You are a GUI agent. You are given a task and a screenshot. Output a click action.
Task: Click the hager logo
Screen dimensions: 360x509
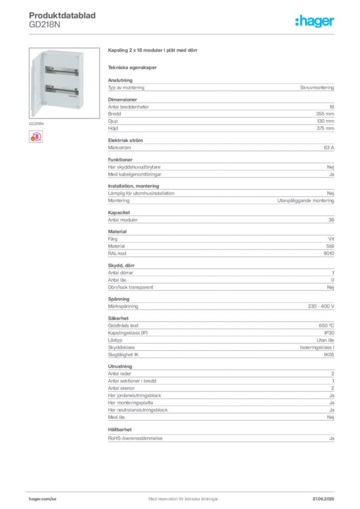pos(315,21)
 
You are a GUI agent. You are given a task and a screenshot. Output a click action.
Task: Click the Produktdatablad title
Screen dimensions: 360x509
pos(62,15)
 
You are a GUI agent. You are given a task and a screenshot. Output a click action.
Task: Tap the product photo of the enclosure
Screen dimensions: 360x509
pos(64,83)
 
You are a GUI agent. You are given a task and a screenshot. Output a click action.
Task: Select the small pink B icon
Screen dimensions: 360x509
pos(36,137)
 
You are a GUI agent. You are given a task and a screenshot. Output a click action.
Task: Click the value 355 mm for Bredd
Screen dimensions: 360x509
pos(325,114)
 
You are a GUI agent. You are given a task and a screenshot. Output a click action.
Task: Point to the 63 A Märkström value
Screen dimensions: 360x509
pos(329,148)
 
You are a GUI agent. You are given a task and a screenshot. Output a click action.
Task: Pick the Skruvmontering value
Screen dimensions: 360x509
pos(317,87)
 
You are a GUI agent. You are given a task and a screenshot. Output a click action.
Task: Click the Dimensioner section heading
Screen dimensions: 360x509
pos(122,99)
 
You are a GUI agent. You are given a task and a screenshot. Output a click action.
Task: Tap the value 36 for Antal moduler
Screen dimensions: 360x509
pos(331,220)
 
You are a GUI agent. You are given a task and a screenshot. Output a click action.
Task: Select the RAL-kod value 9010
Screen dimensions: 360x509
pos(329,254)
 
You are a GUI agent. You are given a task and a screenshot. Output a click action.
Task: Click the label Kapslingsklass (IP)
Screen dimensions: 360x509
pos(128,333)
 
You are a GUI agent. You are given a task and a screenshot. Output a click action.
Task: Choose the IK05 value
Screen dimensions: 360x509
pos(329,355)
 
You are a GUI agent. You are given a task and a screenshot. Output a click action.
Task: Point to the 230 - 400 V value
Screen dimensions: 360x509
pos(321,306)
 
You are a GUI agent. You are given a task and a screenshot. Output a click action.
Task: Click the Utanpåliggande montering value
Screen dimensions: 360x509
pos(305,201)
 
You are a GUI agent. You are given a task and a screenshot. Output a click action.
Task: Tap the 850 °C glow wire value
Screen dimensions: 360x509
pos(326,326)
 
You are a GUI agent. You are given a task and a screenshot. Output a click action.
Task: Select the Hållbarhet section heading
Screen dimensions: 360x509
pos(120,430)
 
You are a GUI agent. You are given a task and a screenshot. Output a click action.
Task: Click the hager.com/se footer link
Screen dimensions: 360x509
pos(43,499)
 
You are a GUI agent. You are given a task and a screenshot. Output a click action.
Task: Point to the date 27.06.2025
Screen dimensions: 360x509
pos(323,499)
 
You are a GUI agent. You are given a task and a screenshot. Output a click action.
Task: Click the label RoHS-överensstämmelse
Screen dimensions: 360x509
pos(135,438)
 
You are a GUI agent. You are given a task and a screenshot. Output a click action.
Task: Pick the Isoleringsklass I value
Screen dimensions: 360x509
pos(317,347)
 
